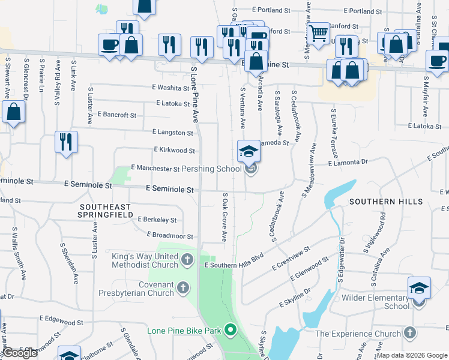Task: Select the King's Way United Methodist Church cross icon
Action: tap(187, 260)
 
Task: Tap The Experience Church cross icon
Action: tap(410, 333)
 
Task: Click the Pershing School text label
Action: tap(212, 169)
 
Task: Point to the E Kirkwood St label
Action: tap(174, 150)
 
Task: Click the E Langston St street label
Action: tap(173, 132)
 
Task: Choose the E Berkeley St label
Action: tap(157, 220)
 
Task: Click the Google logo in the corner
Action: tap(20, 353)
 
